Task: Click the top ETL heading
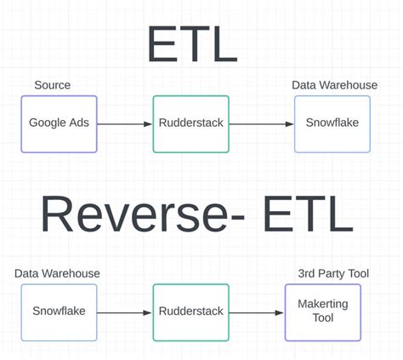click(x=192, y=43)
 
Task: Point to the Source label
click(x=53, y=85)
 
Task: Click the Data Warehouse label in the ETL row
click(x=334, y=85)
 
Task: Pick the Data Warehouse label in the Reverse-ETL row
click(x=57, y=273)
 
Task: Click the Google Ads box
click(x=59, y=123)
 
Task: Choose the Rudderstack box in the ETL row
click(x=190, y=123)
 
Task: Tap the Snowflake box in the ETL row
click(x=332, y=123)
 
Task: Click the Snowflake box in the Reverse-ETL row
click(x=59, y=311)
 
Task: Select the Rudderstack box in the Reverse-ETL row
click(x=190, y=311)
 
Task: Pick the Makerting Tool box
click(x=322, y=311)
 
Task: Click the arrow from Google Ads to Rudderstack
click(x=125, y=124)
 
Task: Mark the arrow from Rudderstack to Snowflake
click(x=261, y=124)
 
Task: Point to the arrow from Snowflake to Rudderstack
click(x=125, y=312)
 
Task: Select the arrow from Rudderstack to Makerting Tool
click(x=256, y=312)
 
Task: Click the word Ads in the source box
click(x=78, y=123)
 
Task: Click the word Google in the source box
click(x=48, y=123)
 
